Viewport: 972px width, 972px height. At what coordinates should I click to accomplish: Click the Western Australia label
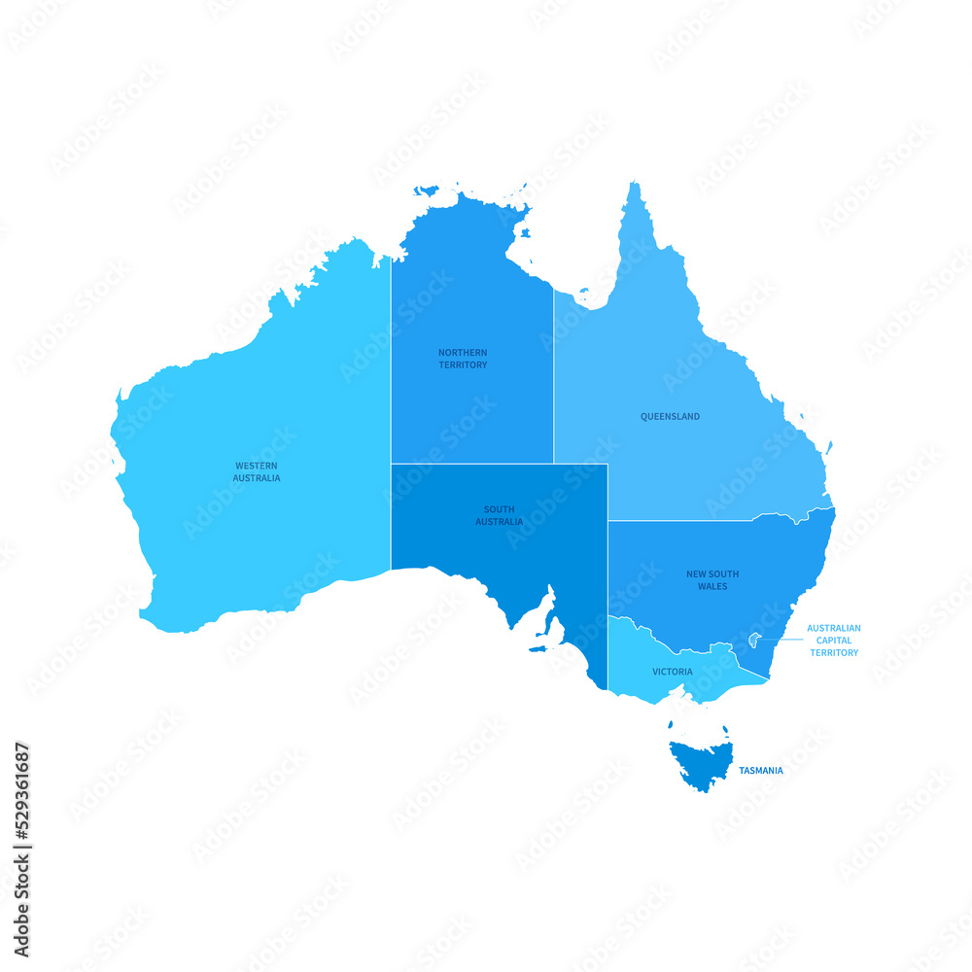pos(257,471)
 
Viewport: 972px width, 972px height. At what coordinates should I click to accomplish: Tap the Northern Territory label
pos(463,359)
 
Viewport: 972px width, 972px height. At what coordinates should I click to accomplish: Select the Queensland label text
pos(670,417)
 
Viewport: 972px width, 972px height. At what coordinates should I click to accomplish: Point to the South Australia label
pos(499,515)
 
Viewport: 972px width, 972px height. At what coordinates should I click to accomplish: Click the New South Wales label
pos(712,580)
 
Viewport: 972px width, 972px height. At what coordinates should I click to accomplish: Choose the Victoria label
pos(673,672)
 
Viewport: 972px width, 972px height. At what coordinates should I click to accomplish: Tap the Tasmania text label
pos(760,771)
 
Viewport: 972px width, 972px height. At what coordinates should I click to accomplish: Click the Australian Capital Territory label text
pos(833,641)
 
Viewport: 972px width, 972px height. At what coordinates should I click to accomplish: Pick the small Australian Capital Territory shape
pos(754,640)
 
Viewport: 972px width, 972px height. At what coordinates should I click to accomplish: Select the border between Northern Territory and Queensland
pos(554,379)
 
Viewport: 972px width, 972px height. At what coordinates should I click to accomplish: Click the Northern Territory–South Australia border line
pos(472,464)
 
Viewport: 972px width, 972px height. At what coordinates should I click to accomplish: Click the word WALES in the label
pos(712,587)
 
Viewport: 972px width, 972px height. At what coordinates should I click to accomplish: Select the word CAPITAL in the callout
pos(833,641)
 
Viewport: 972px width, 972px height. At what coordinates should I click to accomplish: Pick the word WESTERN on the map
pos(257,466)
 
